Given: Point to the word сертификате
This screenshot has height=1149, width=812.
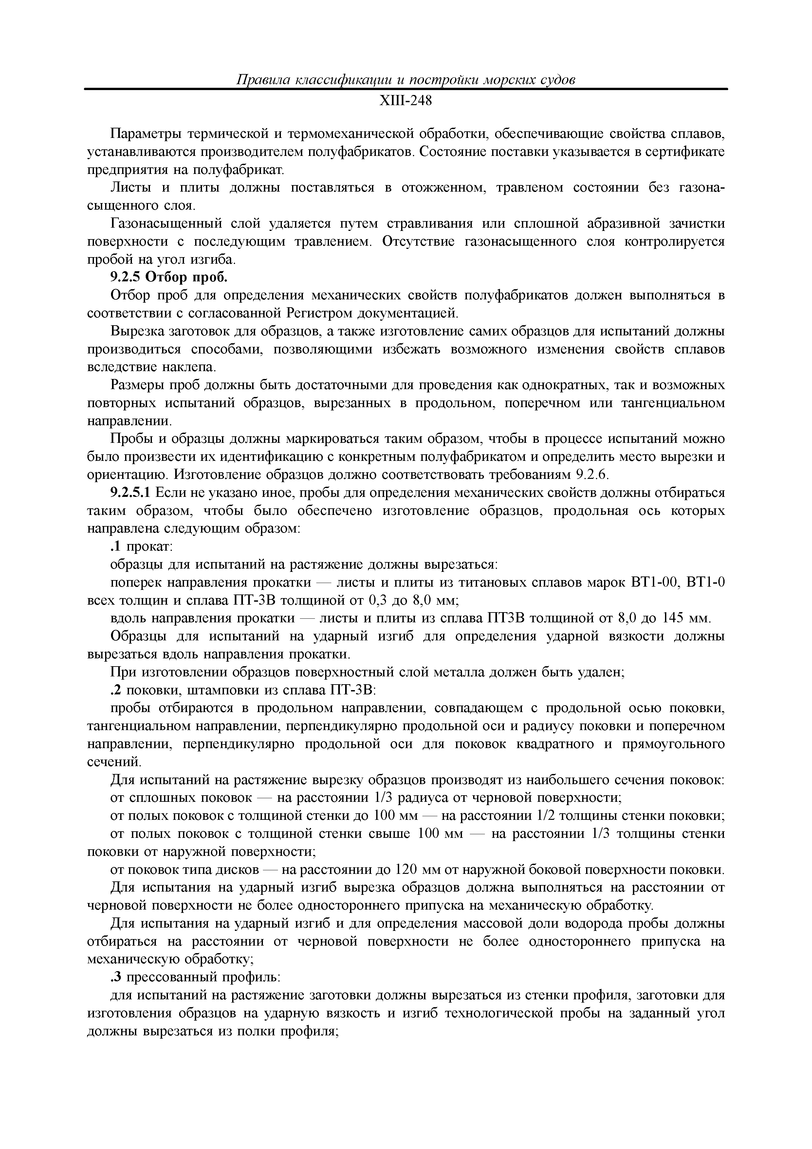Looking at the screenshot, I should coord(685,152).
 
